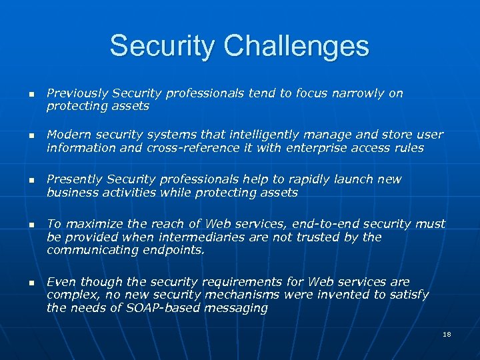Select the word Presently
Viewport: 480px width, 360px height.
[73, 180]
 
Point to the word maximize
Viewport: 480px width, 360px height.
[89, 225]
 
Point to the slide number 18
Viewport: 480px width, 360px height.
[446, 333]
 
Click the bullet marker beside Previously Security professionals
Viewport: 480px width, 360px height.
[31, 95]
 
